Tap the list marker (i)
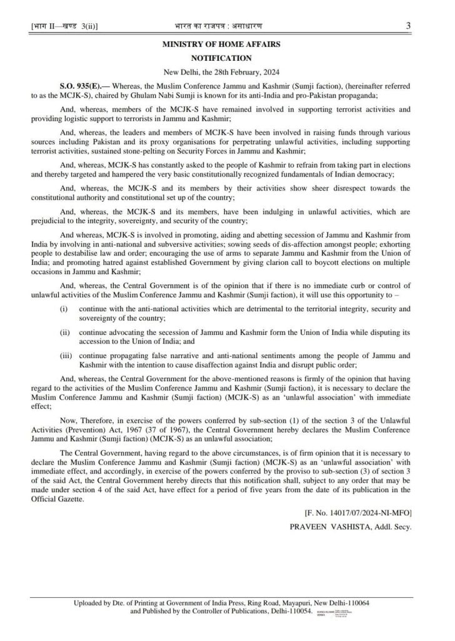point(64,310)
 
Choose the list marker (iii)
point(66,355)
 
